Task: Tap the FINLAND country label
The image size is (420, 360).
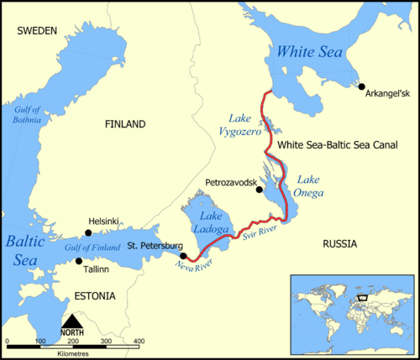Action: click(125, 124)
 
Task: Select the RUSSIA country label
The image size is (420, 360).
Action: click(339, 243)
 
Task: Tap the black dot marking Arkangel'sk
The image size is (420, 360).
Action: click(361, 86)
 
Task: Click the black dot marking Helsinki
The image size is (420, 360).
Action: click(88, 232)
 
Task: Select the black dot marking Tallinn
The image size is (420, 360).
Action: click(80, 261)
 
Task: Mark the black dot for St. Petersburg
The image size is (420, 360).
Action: click(183, 255)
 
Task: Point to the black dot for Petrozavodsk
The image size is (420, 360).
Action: click(260, 190)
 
